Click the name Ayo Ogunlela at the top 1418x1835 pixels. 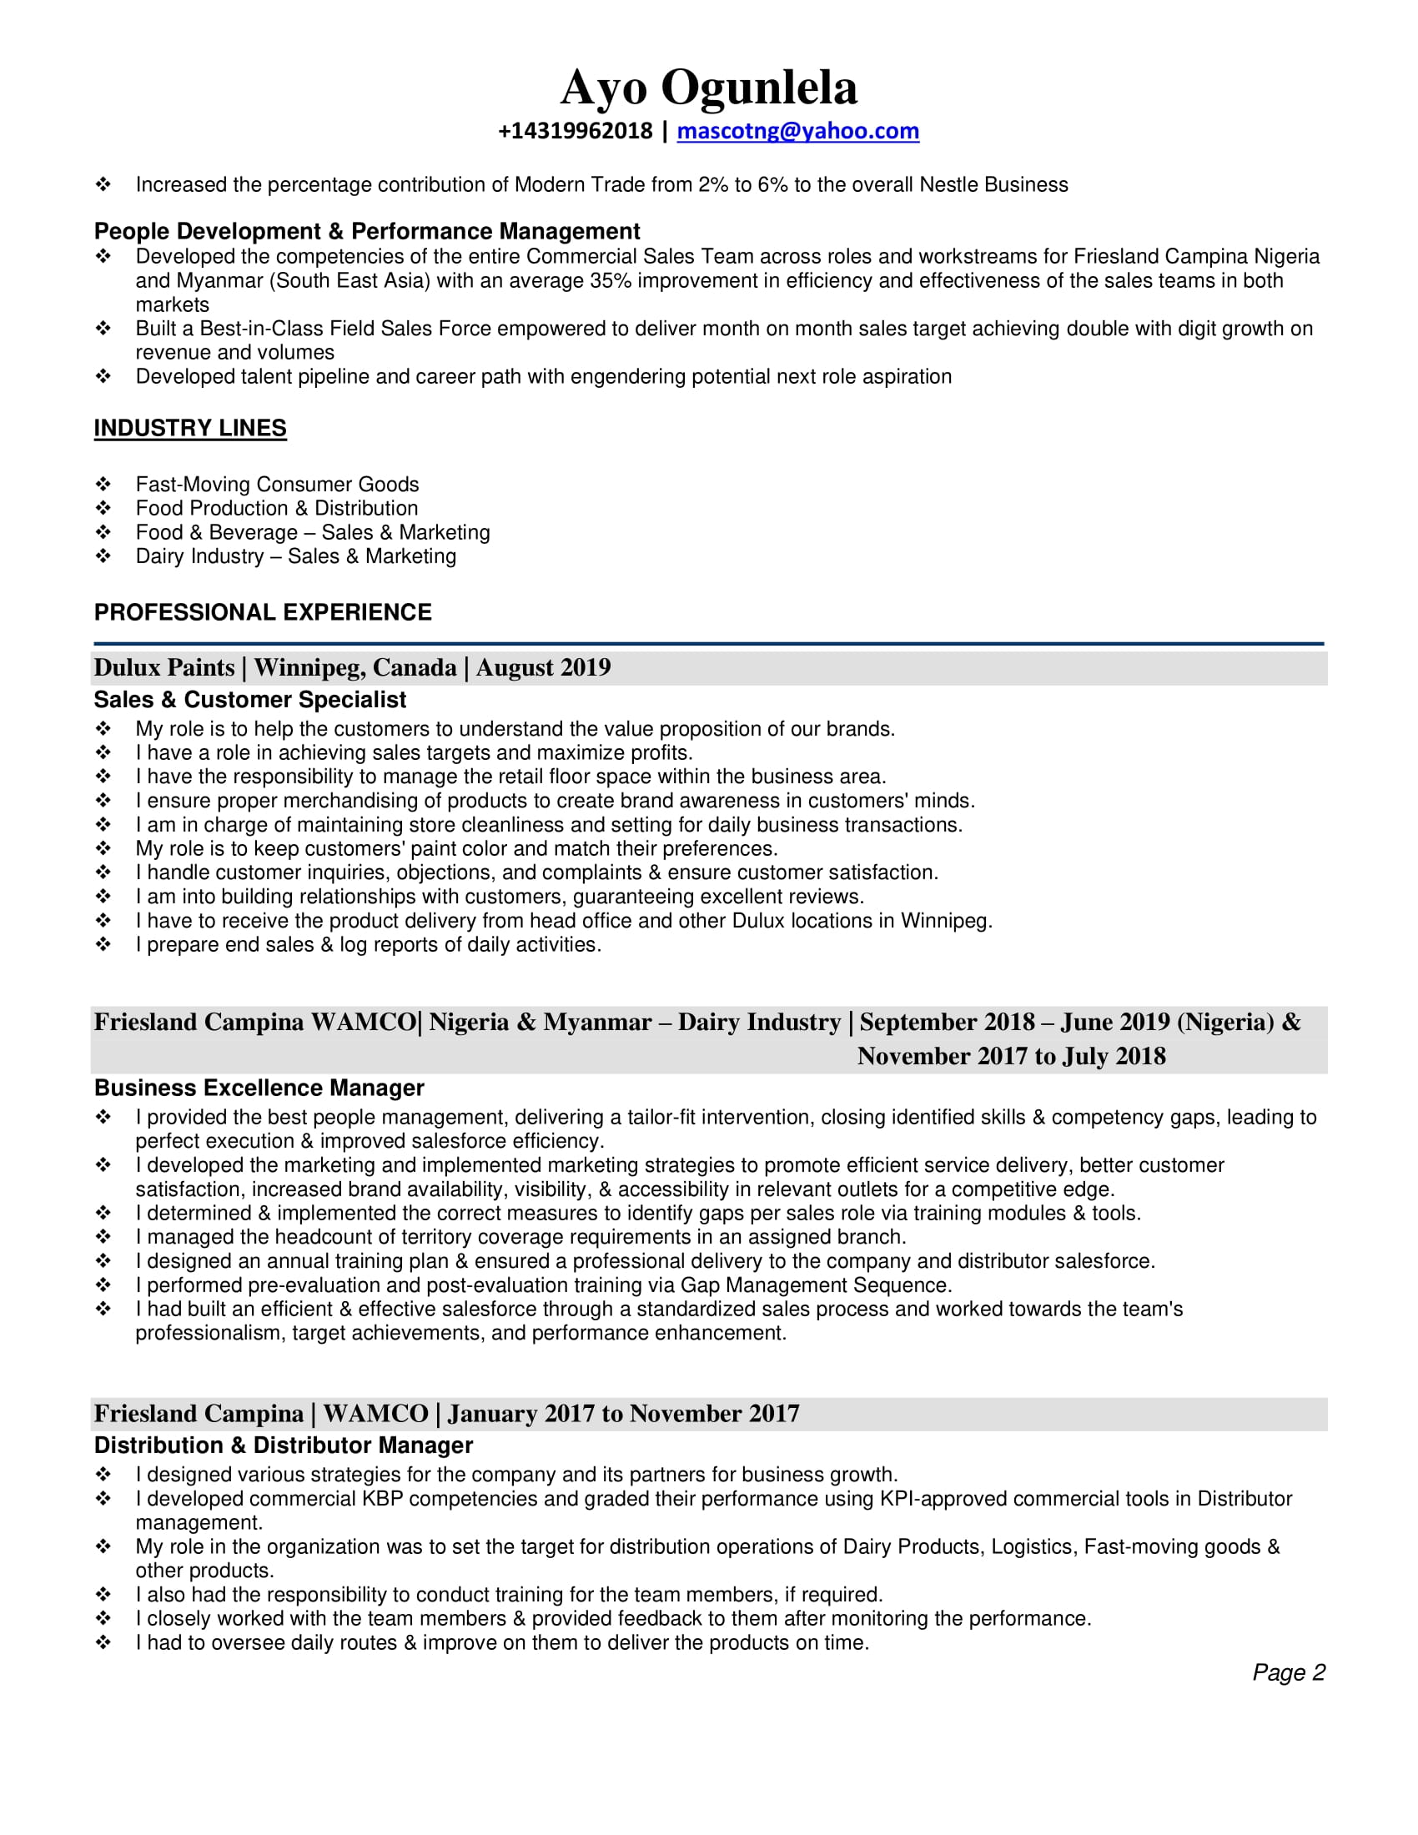(708, 88)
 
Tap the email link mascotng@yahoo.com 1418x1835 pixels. (797, 131)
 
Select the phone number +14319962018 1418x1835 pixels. (575, 131)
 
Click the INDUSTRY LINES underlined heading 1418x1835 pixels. (190, 428)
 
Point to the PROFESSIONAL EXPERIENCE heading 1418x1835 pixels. (263, 611)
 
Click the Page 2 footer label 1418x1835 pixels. (1288, 1672)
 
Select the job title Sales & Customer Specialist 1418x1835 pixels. (249, 699)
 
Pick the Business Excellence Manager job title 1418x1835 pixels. (259, 1087)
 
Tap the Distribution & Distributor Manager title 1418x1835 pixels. (283, 1445)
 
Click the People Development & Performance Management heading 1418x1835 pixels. (366, 231)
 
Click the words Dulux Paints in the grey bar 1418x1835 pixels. (163, 667)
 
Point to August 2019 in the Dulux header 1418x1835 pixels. (544, 667)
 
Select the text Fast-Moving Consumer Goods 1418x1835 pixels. (277, 484)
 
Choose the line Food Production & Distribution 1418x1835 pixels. (276, 507)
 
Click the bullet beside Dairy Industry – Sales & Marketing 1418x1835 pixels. (103, 556)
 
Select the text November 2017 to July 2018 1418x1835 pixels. (1011, 1055)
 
